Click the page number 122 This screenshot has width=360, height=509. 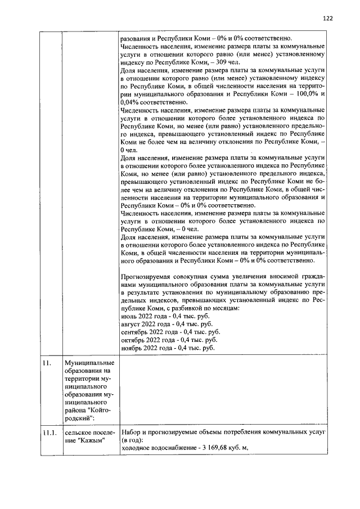(x=328, y=18)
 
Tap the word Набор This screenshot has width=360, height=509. (x=131, y=431)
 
